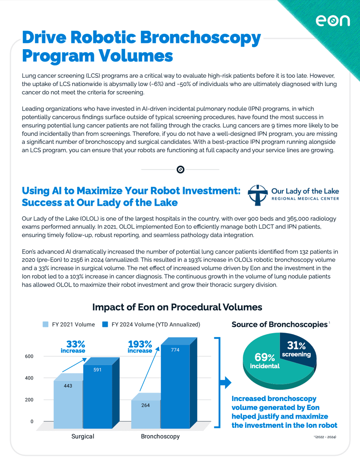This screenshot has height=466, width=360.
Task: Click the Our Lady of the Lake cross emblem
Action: tap(258, 195)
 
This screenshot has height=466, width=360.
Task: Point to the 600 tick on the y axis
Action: tap(29, 356)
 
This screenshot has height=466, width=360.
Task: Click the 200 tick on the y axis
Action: tap(29, 400)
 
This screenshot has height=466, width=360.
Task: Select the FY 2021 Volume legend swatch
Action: tap(46, 325)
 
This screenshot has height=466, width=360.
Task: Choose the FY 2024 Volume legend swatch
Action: tap(105, 325)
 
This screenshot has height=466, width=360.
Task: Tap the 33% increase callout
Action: tap(73, 347)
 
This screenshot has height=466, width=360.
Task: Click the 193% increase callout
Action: tap(140, 347)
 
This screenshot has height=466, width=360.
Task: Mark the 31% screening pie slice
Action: tap(296, 349)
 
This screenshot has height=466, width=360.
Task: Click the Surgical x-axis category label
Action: tap(83, 437)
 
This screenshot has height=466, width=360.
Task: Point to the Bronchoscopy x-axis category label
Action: tap(160, 437)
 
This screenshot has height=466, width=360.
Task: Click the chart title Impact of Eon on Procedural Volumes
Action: tap(177, 307)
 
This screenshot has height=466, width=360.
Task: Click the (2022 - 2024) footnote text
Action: tap(325, 437)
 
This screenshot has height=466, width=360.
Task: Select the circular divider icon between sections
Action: tap(180, 169)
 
